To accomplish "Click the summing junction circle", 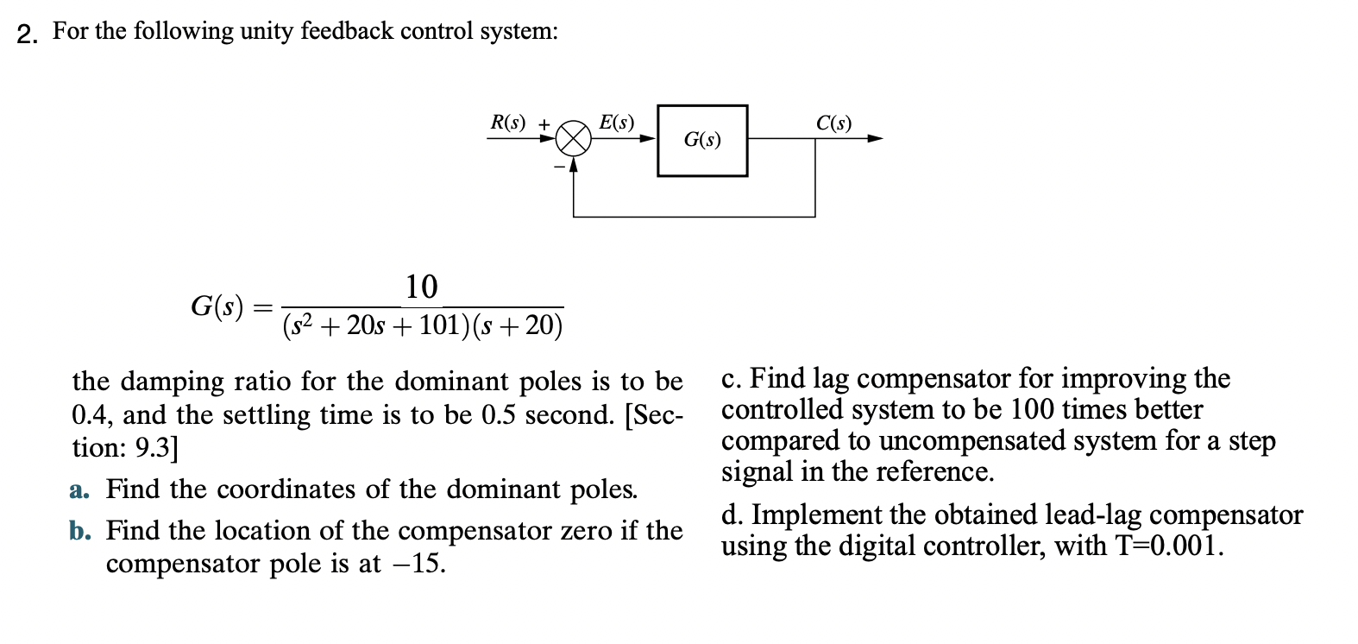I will point(574,138).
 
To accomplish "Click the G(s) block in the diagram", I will point(702,140).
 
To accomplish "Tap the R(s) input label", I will point(507,123).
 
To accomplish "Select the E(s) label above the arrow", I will point(617,123).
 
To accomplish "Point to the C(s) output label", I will point(833,123).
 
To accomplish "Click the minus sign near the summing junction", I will point(559,165).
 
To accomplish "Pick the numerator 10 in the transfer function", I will point(422,287).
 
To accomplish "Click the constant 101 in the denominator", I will point(442,325).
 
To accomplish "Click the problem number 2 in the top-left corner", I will point(27,34).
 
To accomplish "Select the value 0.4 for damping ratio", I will point(88,415).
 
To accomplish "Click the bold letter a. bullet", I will point(79,489).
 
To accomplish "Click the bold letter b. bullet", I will point(79,530).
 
